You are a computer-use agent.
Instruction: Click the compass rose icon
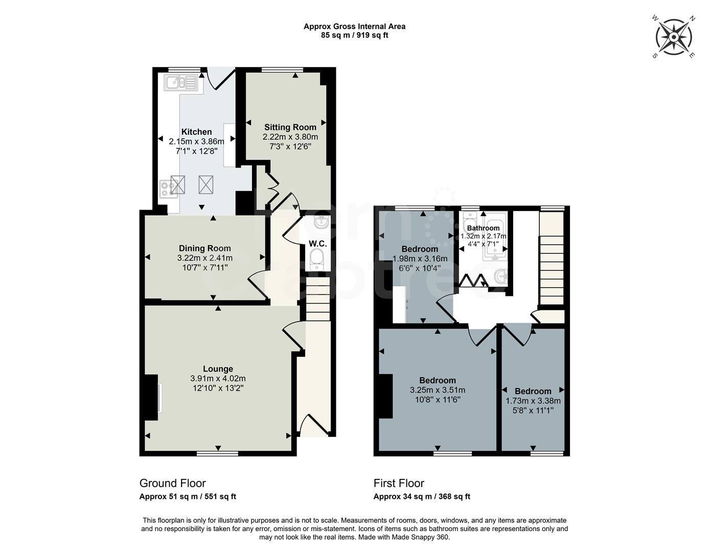click(674, 37)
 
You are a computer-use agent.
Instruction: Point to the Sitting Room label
click(290, 127)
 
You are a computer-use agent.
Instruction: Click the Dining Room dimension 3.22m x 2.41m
click(204, 258)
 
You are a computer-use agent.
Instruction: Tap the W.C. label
click(317, 244)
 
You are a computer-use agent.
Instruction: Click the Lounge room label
click(218, 369)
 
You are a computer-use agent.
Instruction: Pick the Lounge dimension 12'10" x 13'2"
click(218, 388)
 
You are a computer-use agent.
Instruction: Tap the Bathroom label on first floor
click(483, 228)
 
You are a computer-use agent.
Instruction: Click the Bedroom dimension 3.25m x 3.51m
click(438, 390)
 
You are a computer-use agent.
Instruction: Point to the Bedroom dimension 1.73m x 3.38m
click(533, 401)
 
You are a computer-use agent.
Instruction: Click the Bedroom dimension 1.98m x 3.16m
click(420, 259)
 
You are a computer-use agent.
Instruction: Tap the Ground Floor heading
click(173, 484)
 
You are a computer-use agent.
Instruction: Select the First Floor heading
click(399, 484)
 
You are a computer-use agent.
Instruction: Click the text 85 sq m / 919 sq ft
click(354, 35)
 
